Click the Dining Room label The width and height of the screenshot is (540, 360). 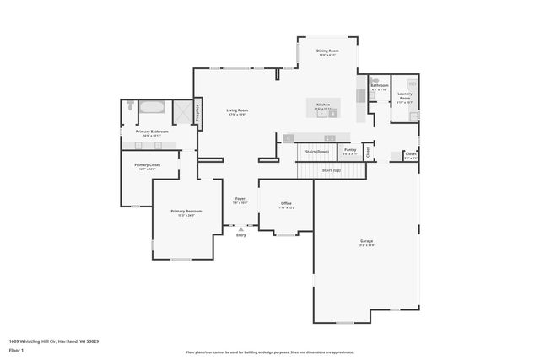pyautogui.click(x=327, y=51)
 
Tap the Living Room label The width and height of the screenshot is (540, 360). pyautogui.click(x=236, y=111)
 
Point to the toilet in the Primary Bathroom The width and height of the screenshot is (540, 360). pyautogui.click(x=130, y=107)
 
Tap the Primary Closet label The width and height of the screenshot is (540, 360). pyautogui.click(x=147, y=165)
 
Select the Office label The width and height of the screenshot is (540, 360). pyautogui.click(x=286, y=204)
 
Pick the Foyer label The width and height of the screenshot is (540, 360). pyautogui.click(x=240, y=200)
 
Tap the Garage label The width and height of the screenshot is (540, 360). pyautogui.click(x=366, y=242)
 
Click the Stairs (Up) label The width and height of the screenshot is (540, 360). pyautogui.click(x=332, y=170)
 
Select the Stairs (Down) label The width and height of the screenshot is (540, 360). pyautogui.click(x=317, y=152)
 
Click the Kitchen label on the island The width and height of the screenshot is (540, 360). pyautogui.click(x=322, y=105)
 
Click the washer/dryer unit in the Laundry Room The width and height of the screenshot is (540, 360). pyautogui.click(x=412, y=83)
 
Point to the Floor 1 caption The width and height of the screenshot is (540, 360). pyautogui.click(x=16, y=350)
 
